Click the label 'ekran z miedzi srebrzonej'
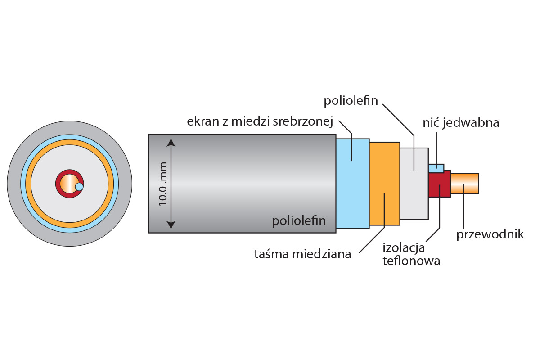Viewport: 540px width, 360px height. click(260, 121)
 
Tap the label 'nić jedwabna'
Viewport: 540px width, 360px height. click(461, 122)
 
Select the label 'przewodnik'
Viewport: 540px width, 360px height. click(490, 234)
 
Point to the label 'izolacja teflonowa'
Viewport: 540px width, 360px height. click(411, 254)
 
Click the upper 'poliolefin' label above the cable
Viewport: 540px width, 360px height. click(351, 101)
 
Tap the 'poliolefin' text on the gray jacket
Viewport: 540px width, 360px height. click(299, 221)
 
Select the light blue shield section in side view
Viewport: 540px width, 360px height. click(352, 183)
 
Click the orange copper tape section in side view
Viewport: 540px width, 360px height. click(384, 183)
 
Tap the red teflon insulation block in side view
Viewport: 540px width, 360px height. click(439, 184)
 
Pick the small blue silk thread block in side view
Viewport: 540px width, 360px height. click(436, 168)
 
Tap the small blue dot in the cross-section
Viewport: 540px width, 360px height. click(79, 186)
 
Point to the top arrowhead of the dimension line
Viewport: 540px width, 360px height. click(171, 143)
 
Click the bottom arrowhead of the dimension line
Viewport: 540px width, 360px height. click(171, 225)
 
